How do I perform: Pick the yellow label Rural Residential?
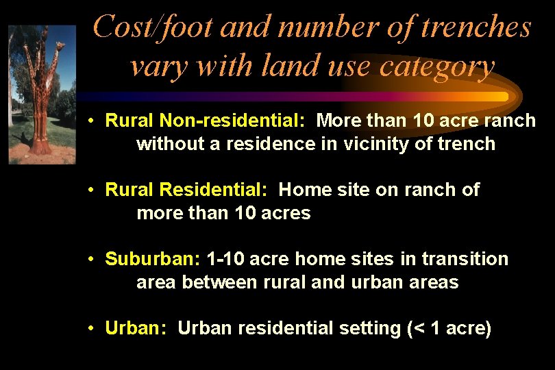coord(186,189)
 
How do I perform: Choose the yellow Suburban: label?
coord(153,259)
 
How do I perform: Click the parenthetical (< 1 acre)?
coord(449,328)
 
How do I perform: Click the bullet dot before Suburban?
coord(90,260)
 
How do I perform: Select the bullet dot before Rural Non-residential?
coord(90,121)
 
